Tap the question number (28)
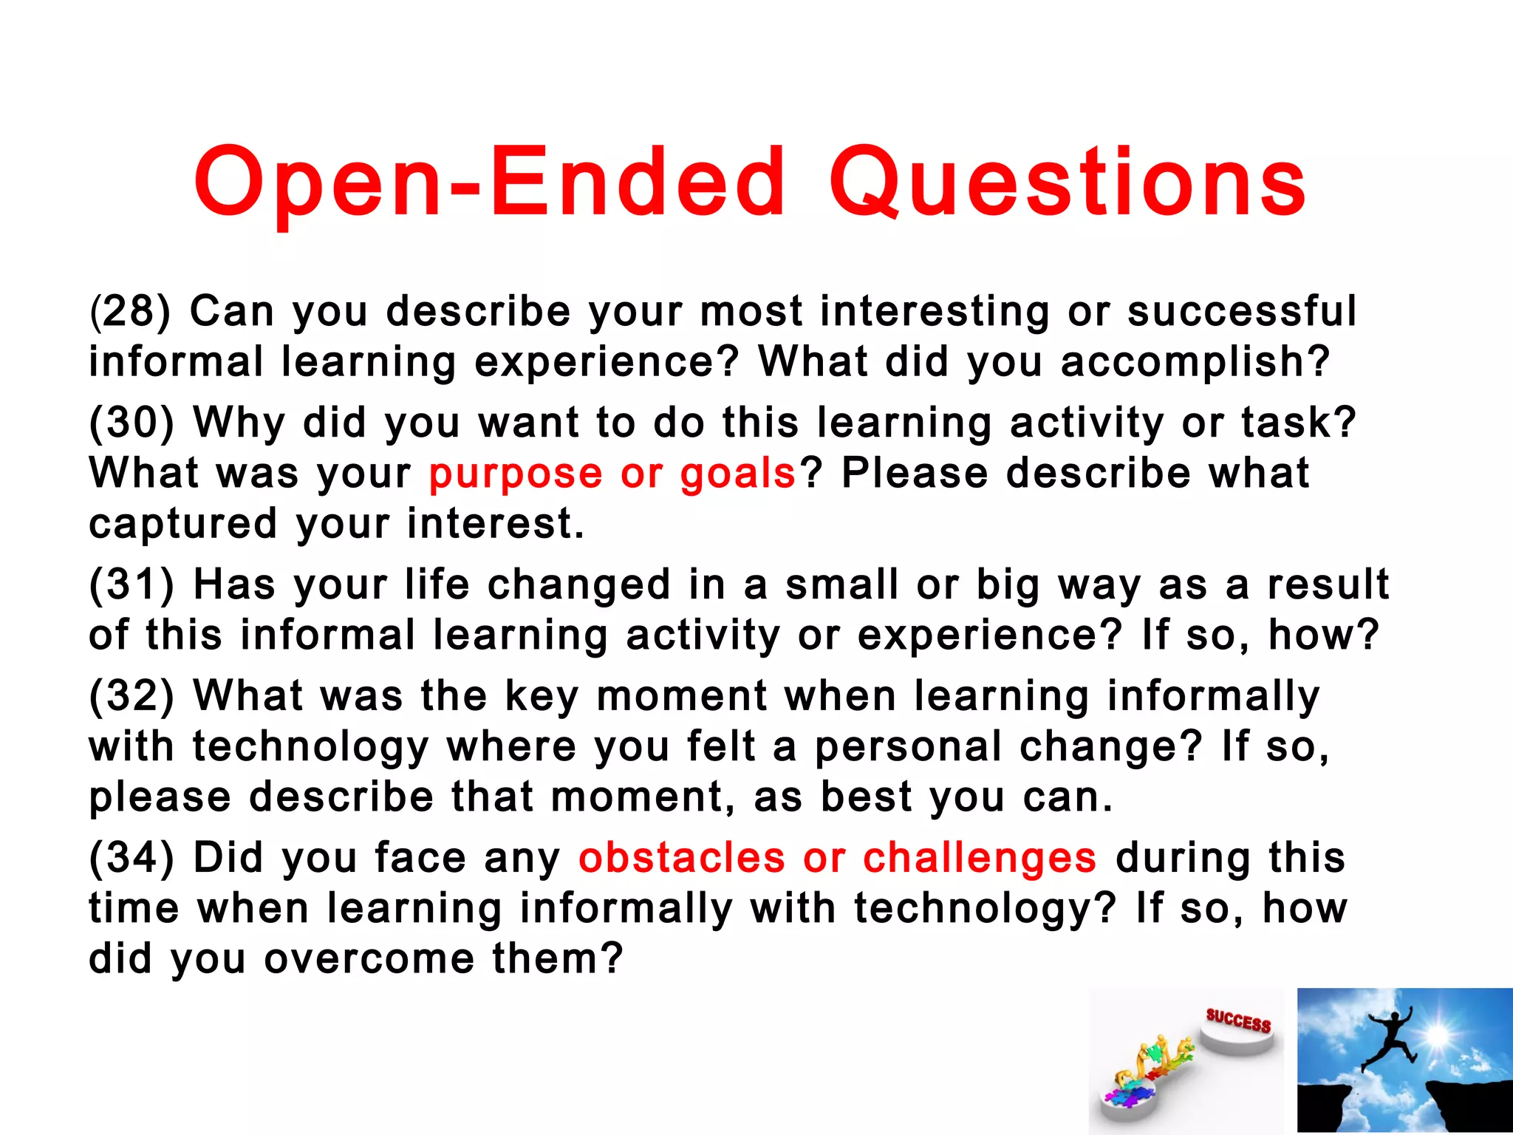(x=130, y=311)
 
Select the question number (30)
(x=132, y=423)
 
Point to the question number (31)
(x=132, y=584)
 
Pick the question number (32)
(x=132, y=696)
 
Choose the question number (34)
(x=132, y=858)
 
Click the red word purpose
(x=516, y=474)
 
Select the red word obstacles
(x=681, y=858)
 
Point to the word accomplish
(x=1194, y=362)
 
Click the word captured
(x=182, y=525)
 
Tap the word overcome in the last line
(x=369, y=958)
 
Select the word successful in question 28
(x=1242, y=311)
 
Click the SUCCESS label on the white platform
(x=1238, y=1021)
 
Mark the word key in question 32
(x=542, y=698)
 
